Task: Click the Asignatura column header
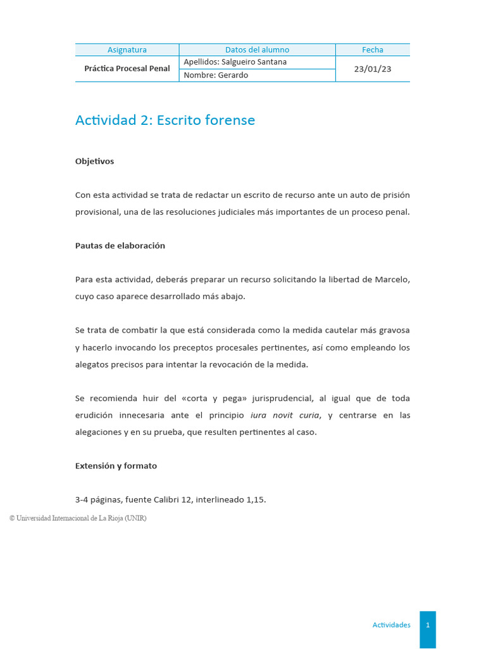[x=127, y=49]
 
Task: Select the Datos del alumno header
[x=257, y=49]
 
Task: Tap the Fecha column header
[x=373, y=49]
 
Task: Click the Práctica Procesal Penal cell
[x=127, y=68]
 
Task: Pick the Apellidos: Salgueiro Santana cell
[x=235, y=62]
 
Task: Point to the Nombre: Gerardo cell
[x=216, y=75]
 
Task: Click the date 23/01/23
[x=373, y=69]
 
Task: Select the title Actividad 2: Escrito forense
[x=165, y=120]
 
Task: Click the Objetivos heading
[x=94, y=162]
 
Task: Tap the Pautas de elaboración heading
[x=120, y=246]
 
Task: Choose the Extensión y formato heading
[x=116, y=466]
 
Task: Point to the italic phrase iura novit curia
[x=285, y=415]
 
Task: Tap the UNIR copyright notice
[x=78, y=518]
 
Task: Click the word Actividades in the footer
[x=391, y=625]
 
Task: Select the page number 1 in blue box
[x=428, y=625]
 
